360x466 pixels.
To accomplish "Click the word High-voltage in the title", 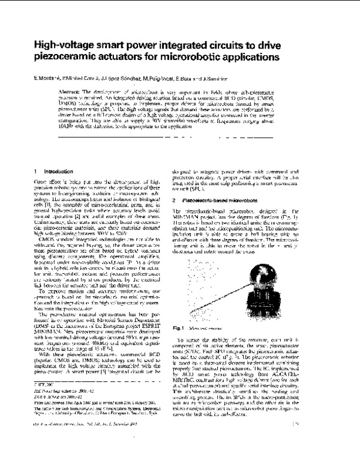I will pyautogui.click(x=61, y=44).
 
